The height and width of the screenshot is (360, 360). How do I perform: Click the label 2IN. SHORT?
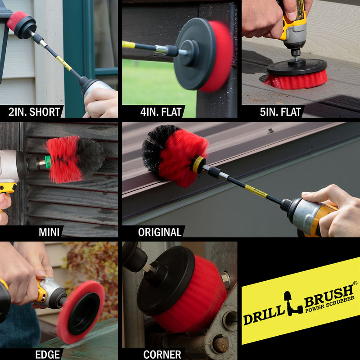click(34, 112)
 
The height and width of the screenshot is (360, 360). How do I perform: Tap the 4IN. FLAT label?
click(161, 112)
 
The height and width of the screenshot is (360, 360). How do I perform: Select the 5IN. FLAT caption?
click(280, 112)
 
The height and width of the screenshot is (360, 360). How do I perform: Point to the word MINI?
click(49, 232)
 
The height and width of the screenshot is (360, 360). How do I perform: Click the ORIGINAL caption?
click(160, 232)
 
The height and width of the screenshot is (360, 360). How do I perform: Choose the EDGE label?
click(48, 355)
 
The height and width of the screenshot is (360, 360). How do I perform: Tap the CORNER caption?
click(162, 355)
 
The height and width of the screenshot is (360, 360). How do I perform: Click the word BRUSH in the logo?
click(329, 296)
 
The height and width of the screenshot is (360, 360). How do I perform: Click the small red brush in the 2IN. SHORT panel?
click(17, 20)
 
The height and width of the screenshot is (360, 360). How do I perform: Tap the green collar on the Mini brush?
click(48, 162)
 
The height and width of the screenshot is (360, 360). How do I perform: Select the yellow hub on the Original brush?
click(198, 165)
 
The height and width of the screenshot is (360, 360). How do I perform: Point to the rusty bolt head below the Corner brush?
click(220, 344)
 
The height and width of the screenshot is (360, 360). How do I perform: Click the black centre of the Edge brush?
click(84, 314)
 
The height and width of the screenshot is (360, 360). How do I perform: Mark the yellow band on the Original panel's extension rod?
click(256, 191)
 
